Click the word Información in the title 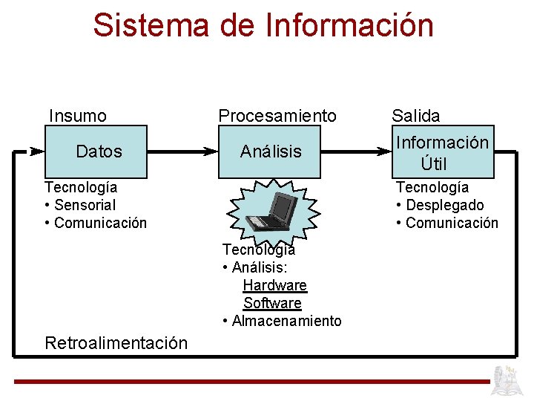tap(349, 25)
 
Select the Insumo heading tap(78, 116)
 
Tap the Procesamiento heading tap(277, 116)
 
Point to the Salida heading tap(415, 116)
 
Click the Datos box tap(99, 151)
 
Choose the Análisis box tap(271, 151)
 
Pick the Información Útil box tap(443, 151)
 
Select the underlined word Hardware tap(274, 285)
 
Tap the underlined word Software tap(272, 303)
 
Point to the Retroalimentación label tap(116, 343)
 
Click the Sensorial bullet tap(85, 205)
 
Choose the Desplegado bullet tap(444, 205)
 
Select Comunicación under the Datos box tap(100, 223)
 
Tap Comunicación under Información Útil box tap(452, 223)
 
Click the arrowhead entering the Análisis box tap(211, 151)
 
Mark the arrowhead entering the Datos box tap(37, 151)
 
